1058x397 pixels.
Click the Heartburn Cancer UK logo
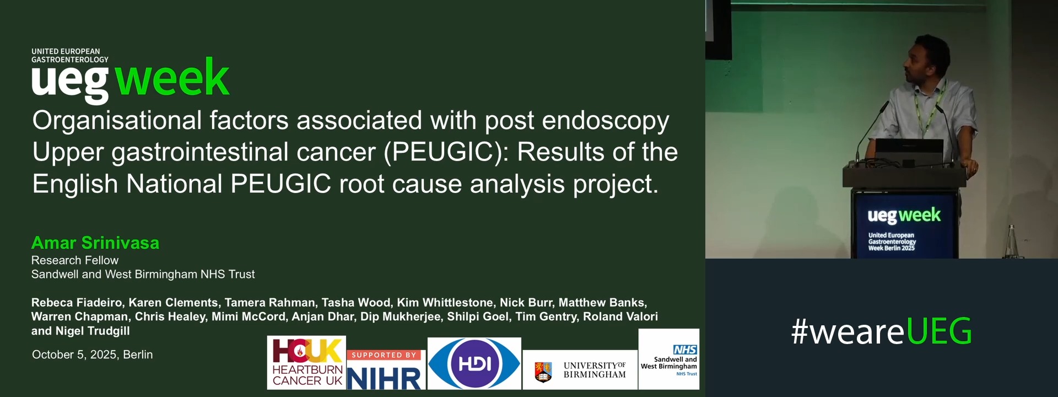pos(307,362)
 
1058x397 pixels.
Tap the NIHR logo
pos(385,369)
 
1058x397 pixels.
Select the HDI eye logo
pos(474,363)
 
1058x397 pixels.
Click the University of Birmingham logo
pos(580,370)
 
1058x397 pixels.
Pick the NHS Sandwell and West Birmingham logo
pos(669,359)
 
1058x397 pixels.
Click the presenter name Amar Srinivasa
pos(95,243)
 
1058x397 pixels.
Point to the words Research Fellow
pos(75,260)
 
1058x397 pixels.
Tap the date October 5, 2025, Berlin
pos(93,355)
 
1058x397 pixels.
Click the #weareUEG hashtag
pos(882,331)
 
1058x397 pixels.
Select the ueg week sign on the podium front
pos(904,225)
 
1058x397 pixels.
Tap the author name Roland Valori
pos(620,316)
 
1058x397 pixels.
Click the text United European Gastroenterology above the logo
pos(70,55)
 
